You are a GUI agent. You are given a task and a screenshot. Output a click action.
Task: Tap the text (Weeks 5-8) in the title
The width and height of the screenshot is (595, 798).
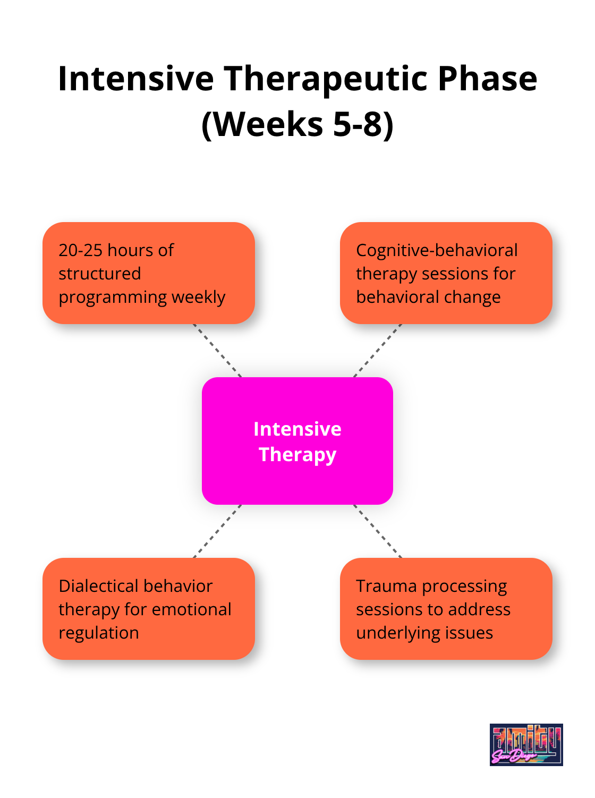click(x=297, y=124)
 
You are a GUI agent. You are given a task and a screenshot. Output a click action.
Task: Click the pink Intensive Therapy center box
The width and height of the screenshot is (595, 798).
click(x=297, y=441)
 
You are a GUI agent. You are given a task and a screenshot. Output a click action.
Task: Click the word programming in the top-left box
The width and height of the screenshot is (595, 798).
click(x=112, y=297)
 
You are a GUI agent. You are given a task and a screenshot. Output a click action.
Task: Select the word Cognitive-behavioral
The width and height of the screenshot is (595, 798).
click(x=437, y=250)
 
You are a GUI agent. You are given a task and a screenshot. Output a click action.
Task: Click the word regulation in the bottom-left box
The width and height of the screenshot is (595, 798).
click(x=99, y=633)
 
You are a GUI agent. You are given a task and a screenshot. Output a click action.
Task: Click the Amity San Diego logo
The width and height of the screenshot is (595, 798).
click(x=526, y=744)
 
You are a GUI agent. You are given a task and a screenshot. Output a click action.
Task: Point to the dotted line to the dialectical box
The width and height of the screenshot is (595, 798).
click(x=217, y=531)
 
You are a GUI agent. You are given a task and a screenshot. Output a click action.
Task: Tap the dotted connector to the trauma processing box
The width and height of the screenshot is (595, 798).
click(x=378, y=531)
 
